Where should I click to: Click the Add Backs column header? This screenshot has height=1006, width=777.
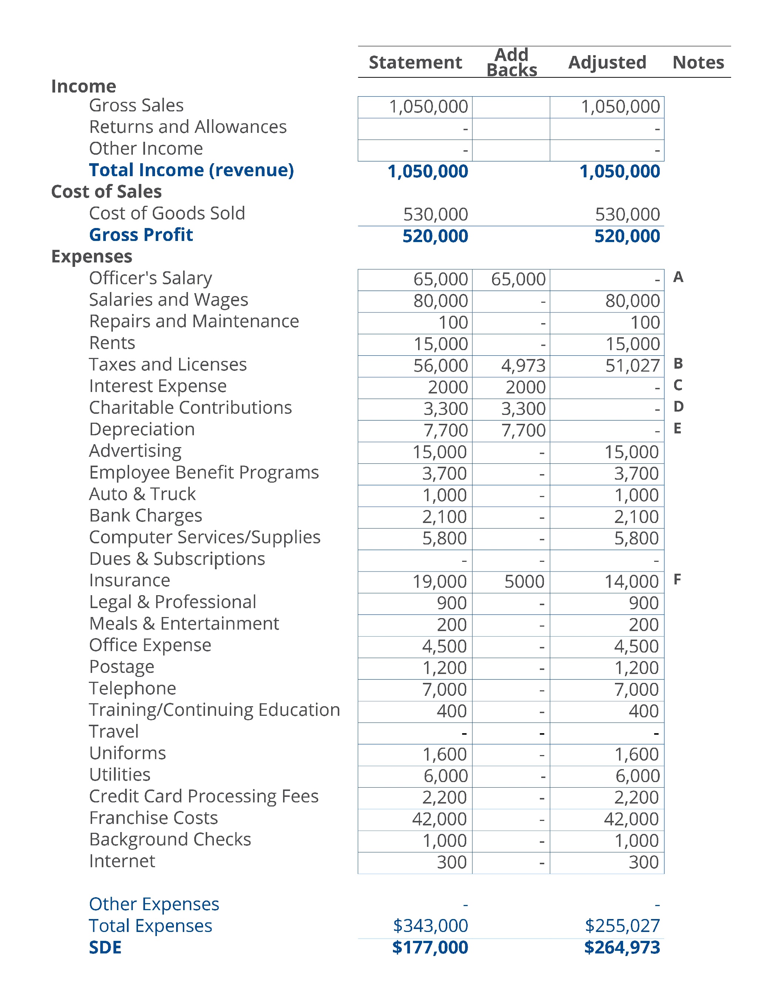click(511, 63)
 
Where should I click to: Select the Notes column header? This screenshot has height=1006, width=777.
click(698, 63)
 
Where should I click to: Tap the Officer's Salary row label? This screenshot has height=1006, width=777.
click(150, 278)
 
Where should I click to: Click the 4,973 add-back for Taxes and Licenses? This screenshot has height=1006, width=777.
click(523, 366)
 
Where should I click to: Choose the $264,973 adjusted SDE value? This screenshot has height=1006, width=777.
click(622, 948)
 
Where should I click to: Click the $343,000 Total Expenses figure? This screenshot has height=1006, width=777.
click(430, 926)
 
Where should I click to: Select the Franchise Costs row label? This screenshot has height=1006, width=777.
click(154, 818)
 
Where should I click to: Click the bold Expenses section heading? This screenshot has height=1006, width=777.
click(92, 256)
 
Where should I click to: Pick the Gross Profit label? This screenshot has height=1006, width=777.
click(141, 235)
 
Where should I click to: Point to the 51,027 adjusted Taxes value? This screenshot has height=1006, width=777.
click(632, 366)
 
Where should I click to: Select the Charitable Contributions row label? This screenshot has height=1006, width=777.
click(190, 408)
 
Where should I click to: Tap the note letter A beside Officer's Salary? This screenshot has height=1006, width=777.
click(678, 277)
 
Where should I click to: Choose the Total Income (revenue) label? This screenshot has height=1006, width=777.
click(191, 170)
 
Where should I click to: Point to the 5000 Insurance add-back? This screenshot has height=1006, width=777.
click(524, 582)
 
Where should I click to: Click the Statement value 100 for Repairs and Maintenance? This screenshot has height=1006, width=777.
click(453, 322)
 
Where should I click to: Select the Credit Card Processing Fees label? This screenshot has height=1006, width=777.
click(203, 797)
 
